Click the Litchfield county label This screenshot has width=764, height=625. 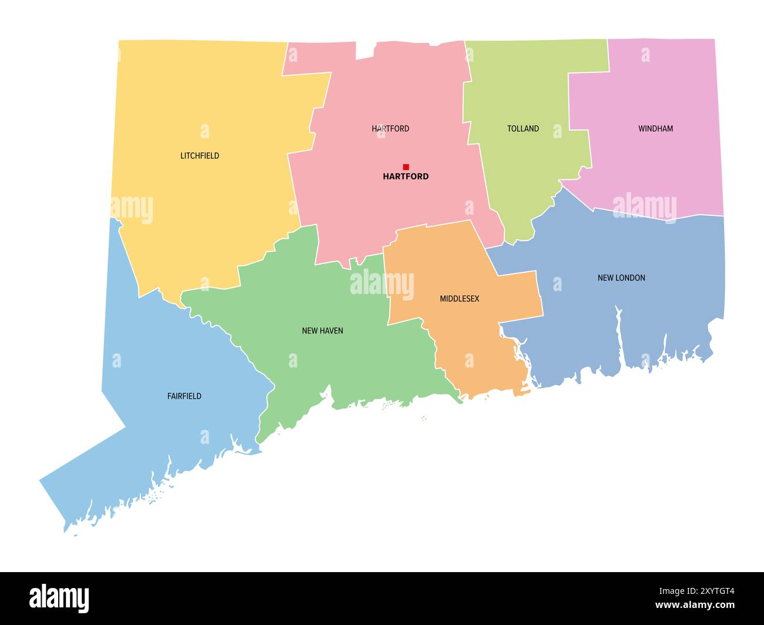click(x=200, y=156)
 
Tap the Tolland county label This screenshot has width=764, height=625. click(x=523, y=129)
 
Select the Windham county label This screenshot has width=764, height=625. click(x=655, y=129)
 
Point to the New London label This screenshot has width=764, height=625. click(x=621, y=278)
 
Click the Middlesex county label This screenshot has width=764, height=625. click(x=460, y=299)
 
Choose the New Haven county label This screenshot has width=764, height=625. click(x=322, y=331)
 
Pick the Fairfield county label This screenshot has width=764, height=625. click(x=184, y=396)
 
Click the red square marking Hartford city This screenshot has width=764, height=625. click(x=406, y=167)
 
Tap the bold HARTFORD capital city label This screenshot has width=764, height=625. click(x=406, y=176)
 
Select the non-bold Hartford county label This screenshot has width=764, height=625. click(x=390, y=129)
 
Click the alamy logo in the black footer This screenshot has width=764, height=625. click(x=59, y=599)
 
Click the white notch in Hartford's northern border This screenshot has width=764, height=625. click(x=365, y=50)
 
